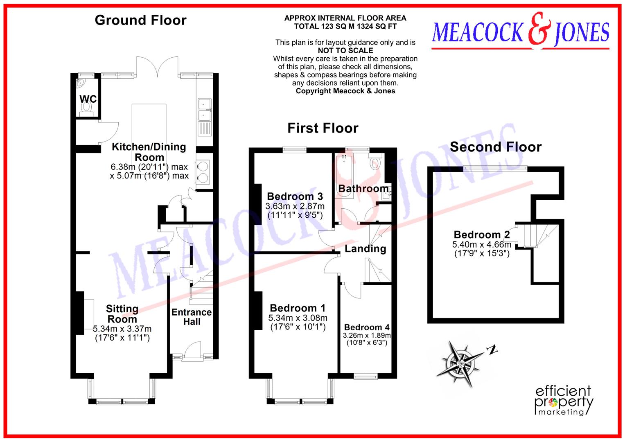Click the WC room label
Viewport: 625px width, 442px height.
tap(88, 99)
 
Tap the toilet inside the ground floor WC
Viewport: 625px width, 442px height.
tap(86, 108)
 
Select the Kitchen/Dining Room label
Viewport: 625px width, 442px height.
tap(149, 152)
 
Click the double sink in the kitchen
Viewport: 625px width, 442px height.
tap(204, 110)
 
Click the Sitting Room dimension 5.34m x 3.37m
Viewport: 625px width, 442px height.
tap(122, 329)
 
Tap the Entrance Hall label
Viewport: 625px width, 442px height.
tap(192, 317)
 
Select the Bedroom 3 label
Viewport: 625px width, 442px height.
tap(295, 196)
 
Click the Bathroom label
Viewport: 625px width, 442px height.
tap(363, 189)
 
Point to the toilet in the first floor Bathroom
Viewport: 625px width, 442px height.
tap(375, 162)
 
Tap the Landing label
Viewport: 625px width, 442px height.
tap(365, 249)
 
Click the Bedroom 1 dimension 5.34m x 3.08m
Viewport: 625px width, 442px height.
tap(298, 318)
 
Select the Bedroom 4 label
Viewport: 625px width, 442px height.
tap(367, 327)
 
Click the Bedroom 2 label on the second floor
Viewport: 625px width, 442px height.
tap(482, 235)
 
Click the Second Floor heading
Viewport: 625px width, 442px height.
tap(495, 147)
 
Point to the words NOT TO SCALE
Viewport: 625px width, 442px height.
tap(345, 51)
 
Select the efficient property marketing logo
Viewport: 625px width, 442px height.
tap(564, 401)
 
